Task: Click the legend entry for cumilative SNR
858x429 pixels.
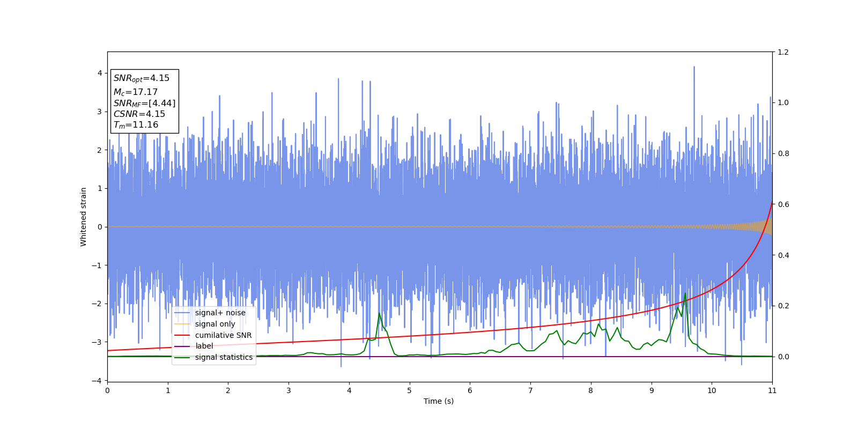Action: [x=223, y=335]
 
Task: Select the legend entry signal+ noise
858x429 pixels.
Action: [x=220, y=313]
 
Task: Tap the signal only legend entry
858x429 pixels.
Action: [x=215, y=324]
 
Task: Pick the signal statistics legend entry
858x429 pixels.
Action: [x=224, y=357]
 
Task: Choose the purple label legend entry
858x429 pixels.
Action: [x=204, y=346]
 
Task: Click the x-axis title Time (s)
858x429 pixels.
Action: [x=439, y=401]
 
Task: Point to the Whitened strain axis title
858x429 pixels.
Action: [x=84, y=217]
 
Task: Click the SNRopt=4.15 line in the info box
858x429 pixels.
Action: [x=142, y=78]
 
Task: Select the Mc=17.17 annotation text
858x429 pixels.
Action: [x=136, y=92]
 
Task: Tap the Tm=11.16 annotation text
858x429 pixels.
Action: [x=136, y=125]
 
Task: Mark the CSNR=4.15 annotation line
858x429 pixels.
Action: [x=139, y=114]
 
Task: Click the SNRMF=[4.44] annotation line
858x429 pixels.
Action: [x=144, y=103]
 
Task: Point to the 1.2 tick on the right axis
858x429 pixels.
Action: [x=783, y=52]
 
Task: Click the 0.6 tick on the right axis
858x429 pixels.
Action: [x=783, y=204]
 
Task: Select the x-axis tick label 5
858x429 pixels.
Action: [x=410, y=390]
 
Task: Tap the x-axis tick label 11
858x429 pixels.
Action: [x=772, y=390]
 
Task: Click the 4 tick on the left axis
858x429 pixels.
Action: [x=100, y=73]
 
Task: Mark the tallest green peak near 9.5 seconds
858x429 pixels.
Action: [x=685, y=293]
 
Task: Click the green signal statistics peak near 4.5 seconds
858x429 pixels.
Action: [x=379, y=313]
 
